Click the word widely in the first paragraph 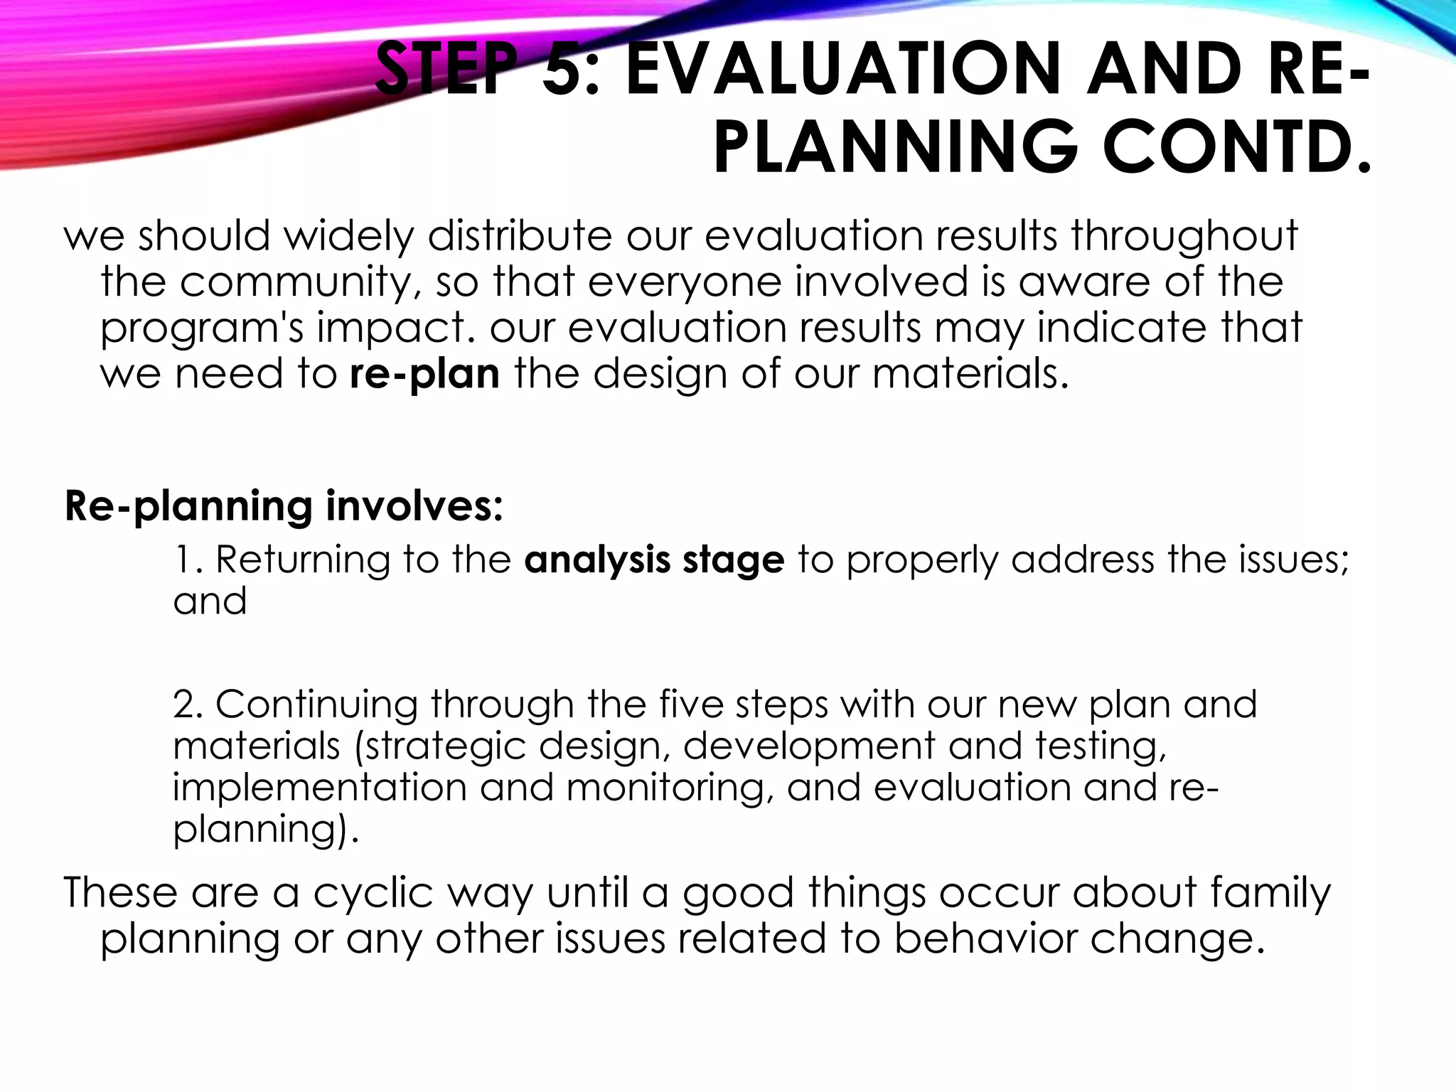pyautogui.click(x=348, y=236)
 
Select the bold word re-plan pyautogui.click(x=424, y=375)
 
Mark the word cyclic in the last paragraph pyautogui.click(x=373, y=893)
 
